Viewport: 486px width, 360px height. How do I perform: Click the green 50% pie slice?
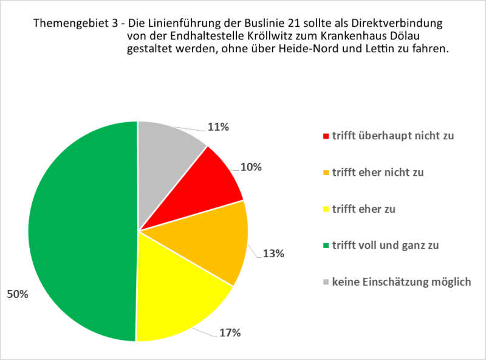[x=79, y=231]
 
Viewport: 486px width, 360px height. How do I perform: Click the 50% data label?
[x=17, y=295]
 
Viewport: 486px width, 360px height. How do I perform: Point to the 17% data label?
[x=230, y=333]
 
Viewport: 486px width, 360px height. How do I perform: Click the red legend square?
[x=326, y=136]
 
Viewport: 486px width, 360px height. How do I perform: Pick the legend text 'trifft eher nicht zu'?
[x=377, y=172]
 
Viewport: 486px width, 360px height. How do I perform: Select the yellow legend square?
[x=326, y=209]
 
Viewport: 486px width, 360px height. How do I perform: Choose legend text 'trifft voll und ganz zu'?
[x=385, y=245]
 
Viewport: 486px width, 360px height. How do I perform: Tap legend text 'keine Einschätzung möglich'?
[x=401, y=282]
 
